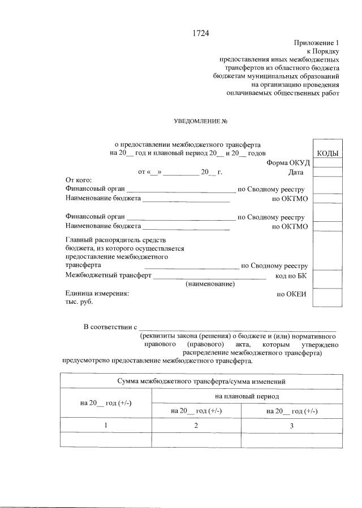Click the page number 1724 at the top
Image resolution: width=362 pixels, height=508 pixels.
pyautogui.click(x=201, y=33)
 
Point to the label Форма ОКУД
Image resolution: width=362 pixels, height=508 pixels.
pyautogui.click(x=288, y=163)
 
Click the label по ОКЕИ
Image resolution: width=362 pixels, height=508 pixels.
pyautogui.click(x=291, y=294)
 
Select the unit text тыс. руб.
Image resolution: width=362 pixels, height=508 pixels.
pyautogui.click(x=79, y=302)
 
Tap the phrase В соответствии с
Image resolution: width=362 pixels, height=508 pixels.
pyautogui.click(x=111, y=327)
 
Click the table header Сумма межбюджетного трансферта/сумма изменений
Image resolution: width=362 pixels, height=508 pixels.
pyautogui.click(x=201, y=382)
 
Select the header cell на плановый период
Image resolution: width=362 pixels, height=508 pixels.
pyautogui.click(x=247, y=397)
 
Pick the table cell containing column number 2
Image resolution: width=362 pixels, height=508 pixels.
pyautogui.click(x=196, y=426)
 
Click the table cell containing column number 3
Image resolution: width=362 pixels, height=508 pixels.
pyautogui.click(x=291, y=426)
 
